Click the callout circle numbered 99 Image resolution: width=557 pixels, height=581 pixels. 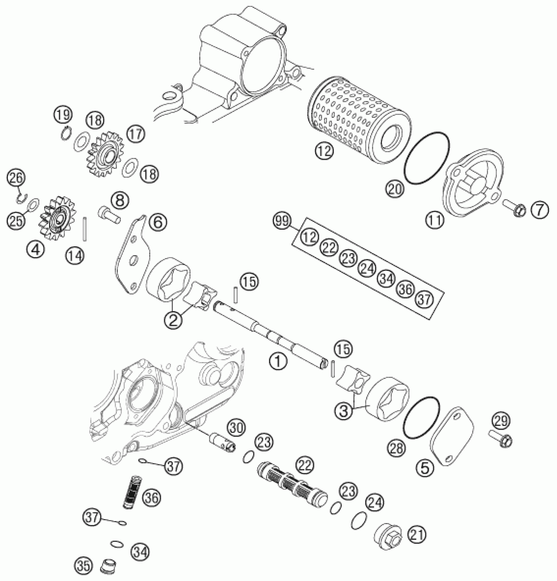tap(282, 222)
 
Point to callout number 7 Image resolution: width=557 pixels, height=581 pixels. tap(539, 210)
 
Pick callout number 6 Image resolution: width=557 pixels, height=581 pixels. tap(158, 223)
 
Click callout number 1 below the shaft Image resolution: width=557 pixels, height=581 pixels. tap(278, 361)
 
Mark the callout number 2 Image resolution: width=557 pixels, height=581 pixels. tap(173, 319)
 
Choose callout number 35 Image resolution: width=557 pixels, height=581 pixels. tap(83, 567)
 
